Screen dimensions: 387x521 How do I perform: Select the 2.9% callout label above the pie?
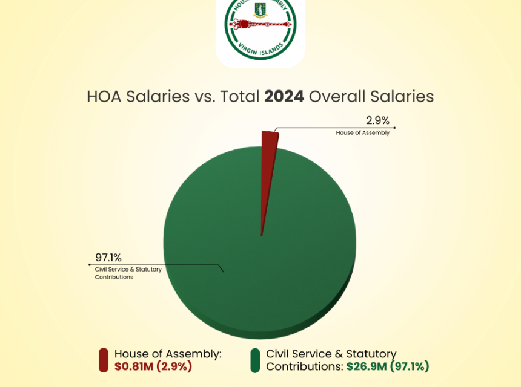click(x=379, y=120)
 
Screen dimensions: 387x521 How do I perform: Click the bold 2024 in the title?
click(x=284, y=97)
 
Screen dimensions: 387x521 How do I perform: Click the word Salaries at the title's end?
click(x=403, y=97)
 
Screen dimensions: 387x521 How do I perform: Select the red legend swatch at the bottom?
click(x=103, y=360)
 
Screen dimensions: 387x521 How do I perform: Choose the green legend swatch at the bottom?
click(x=255, y=360)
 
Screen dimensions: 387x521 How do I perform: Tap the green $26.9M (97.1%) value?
click(x=388, y=366)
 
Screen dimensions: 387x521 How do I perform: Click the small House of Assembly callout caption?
click(x=362, y=132)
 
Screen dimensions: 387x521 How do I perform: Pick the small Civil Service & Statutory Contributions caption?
click(x=128, y=273)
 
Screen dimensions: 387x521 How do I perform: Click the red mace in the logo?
click(x=260, y=26)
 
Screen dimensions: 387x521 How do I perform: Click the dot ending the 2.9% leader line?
click(x=395, y=128)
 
